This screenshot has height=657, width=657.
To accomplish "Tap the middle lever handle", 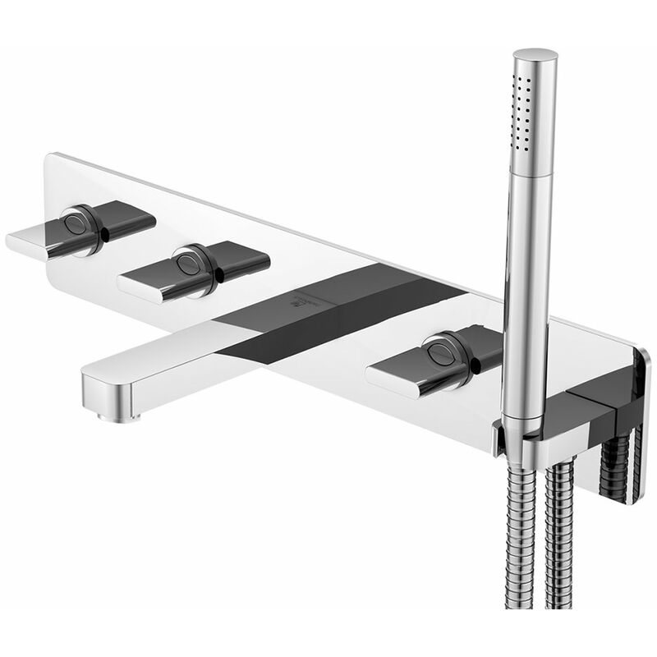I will pyautogui.click(x=193, y=269).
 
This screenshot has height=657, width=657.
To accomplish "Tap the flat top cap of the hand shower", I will pyautogui.click(x=535, y=56).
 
